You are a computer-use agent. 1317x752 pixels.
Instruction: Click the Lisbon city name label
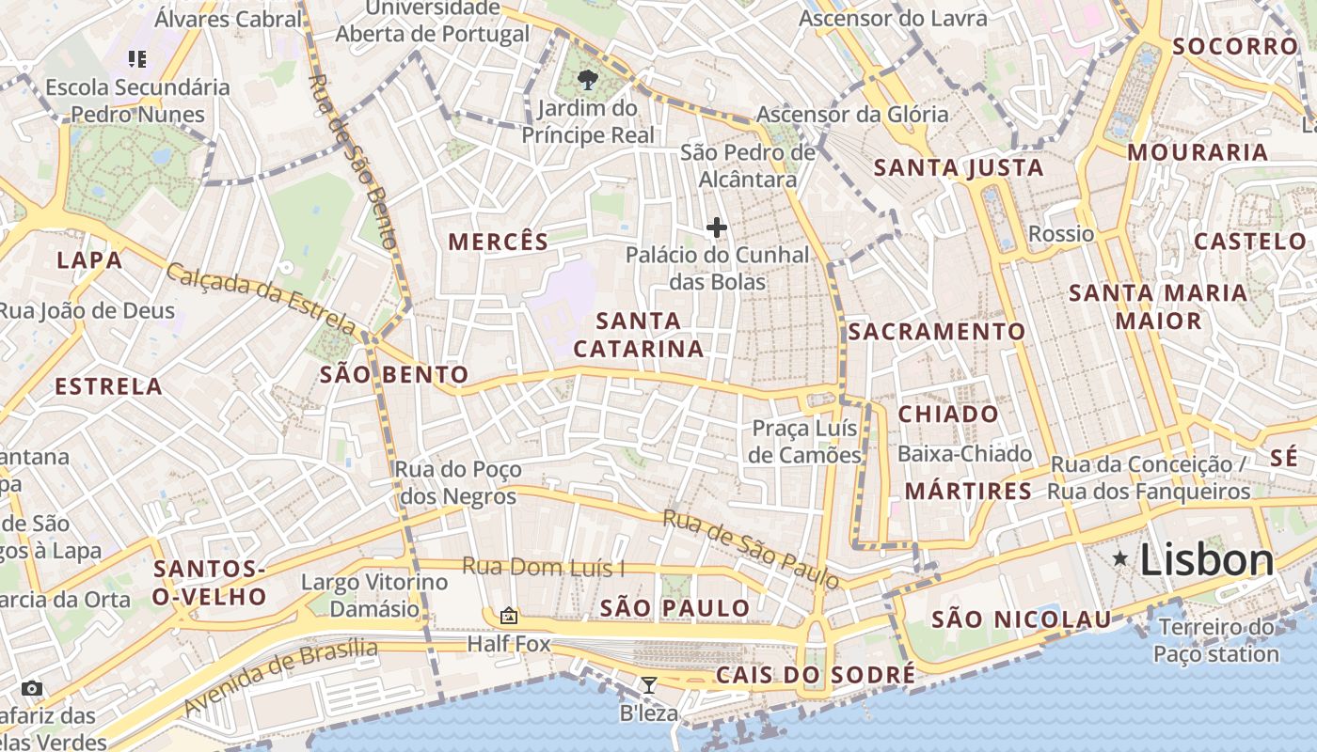click(x=1207, y=560)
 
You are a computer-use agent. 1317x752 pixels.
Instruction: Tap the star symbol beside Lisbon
click(x=1120, y=558)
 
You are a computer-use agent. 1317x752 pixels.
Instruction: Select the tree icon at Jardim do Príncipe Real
click(x=589, y=79)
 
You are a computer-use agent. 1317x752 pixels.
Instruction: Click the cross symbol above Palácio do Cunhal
click(x=717, y=227)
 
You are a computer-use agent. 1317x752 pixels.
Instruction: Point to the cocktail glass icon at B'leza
click(x=649, y=684)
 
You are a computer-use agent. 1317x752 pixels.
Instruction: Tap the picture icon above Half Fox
click(x=509, y=616)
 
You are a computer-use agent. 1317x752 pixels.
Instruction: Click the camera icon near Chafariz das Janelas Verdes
click(x=32, y=688)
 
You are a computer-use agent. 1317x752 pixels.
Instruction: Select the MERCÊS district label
click(x=499, y=242)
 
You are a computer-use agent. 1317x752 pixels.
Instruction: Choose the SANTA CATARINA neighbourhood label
click(x=639, y=335)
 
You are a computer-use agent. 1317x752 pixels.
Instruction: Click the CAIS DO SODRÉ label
click(x=816, y=675)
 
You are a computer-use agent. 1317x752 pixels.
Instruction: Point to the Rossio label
click(x=1061, y=234)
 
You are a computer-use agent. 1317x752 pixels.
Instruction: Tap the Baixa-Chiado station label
click(x=964, y=454)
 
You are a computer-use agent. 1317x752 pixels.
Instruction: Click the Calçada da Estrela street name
click(x=262, y=298)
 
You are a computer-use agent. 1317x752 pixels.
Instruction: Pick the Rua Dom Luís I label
click(x=543, y=568)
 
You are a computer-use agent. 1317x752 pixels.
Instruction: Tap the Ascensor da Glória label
click(x=852, y=115)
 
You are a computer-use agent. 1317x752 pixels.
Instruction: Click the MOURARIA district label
click(x=1198, y=152)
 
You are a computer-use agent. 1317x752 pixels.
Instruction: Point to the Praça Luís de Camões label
click(x=806, y=442)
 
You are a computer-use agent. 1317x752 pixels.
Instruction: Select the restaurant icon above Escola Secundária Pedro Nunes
click(x=137, y=59)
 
